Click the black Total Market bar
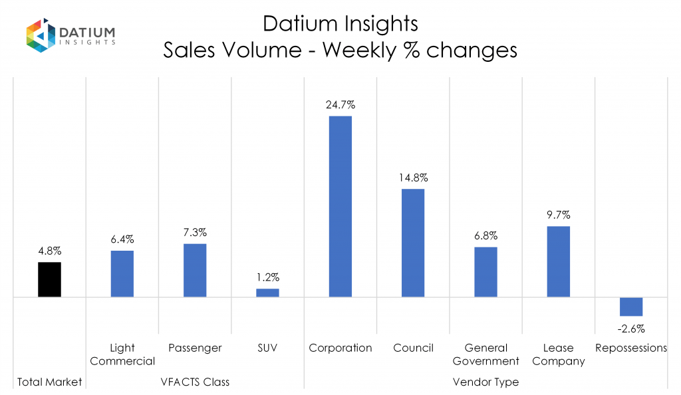pos(49,279)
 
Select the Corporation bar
pos(340,206)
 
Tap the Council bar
pos(413,243)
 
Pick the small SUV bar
pos(268,293)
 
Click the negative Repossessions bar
pos(631,307)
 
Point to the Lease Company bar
pos(559,261)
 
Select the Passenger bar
pos(195,270)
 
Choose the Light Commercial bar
pos(122,273)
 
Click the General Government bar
pos(485,272)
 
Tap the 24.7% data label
pos(340,104)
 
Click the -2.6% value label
pos(631,328)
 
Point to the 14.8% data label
pos(413,178)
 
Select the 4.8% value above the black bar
pos(49,251)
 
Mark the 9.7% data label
pos(559,215)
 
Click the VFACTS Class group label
pos(195,382)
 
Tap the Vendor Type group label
pos(485,382)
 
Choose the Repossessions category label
pos(631,348)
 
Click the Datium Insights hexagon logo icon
pos(39,36)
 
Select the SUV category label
pos(268,348)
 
